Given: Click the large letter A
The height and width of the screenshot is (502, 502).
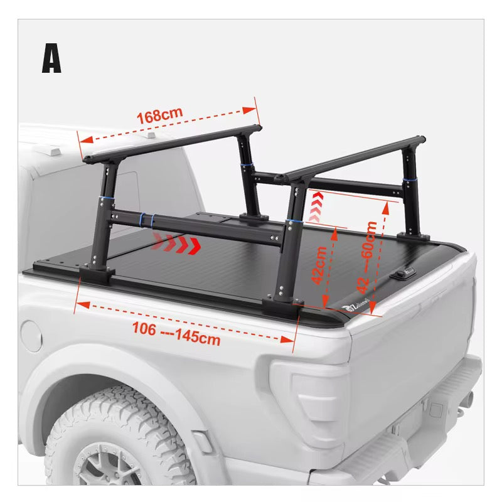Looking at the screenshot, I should click(x=52, y=59).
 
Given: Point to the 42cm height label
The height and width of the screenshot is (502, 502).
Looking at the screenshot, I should click(x=319, y=265).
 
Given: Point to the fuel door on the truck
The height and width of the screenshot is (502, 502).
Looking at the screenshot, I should click(x=31, y=336).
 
